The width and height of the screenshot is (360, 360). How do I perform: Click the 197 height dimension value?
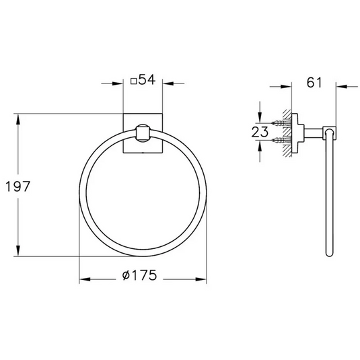pyautogui.click(x=18, y=187)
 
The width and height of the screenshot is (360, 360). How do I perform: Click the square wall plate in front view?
pyautogui.click(x=130, y=122)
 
